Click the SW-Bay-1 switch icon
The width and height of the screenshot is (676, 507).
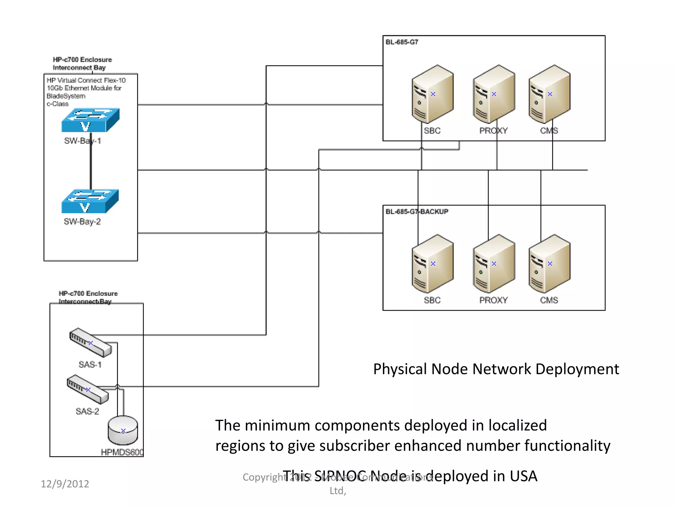tap(90, 120)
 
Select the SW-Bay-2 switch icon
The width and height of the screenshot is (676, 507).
tap(90, 201)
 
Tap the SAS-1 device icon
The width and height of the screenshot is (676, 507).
tap(90, 342)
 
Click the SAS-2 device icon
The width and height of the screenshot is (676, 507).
tap(87, 389)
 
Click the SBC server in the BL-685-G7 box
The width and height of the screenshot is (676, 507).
tap(432, 94)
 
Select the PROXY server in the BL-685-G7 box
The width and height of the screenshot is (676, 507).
tap(493, 94)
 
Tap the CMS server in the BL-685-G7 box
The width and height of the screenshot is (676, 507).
tap(549, 94)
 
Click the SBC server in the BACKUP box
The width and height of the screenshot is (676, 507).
tap(432, 264)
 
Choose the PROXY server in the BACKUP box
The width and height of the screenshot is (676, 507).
tap(493, 264)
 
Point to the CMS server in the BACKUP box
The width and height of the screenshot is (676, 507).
tap(549, 264)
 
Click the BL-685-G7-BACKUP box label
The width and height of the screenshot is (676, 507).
tap(417, 212)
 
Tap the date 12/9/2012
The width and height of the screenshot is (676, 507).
tap(65, 484)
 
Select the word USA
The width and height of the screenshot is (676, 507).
tap(523, 476)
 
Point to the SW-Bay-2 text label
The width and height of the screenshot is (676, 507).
tap(82, 222)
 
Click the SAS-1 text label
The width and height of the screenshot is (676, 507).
tap(90, 365)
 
